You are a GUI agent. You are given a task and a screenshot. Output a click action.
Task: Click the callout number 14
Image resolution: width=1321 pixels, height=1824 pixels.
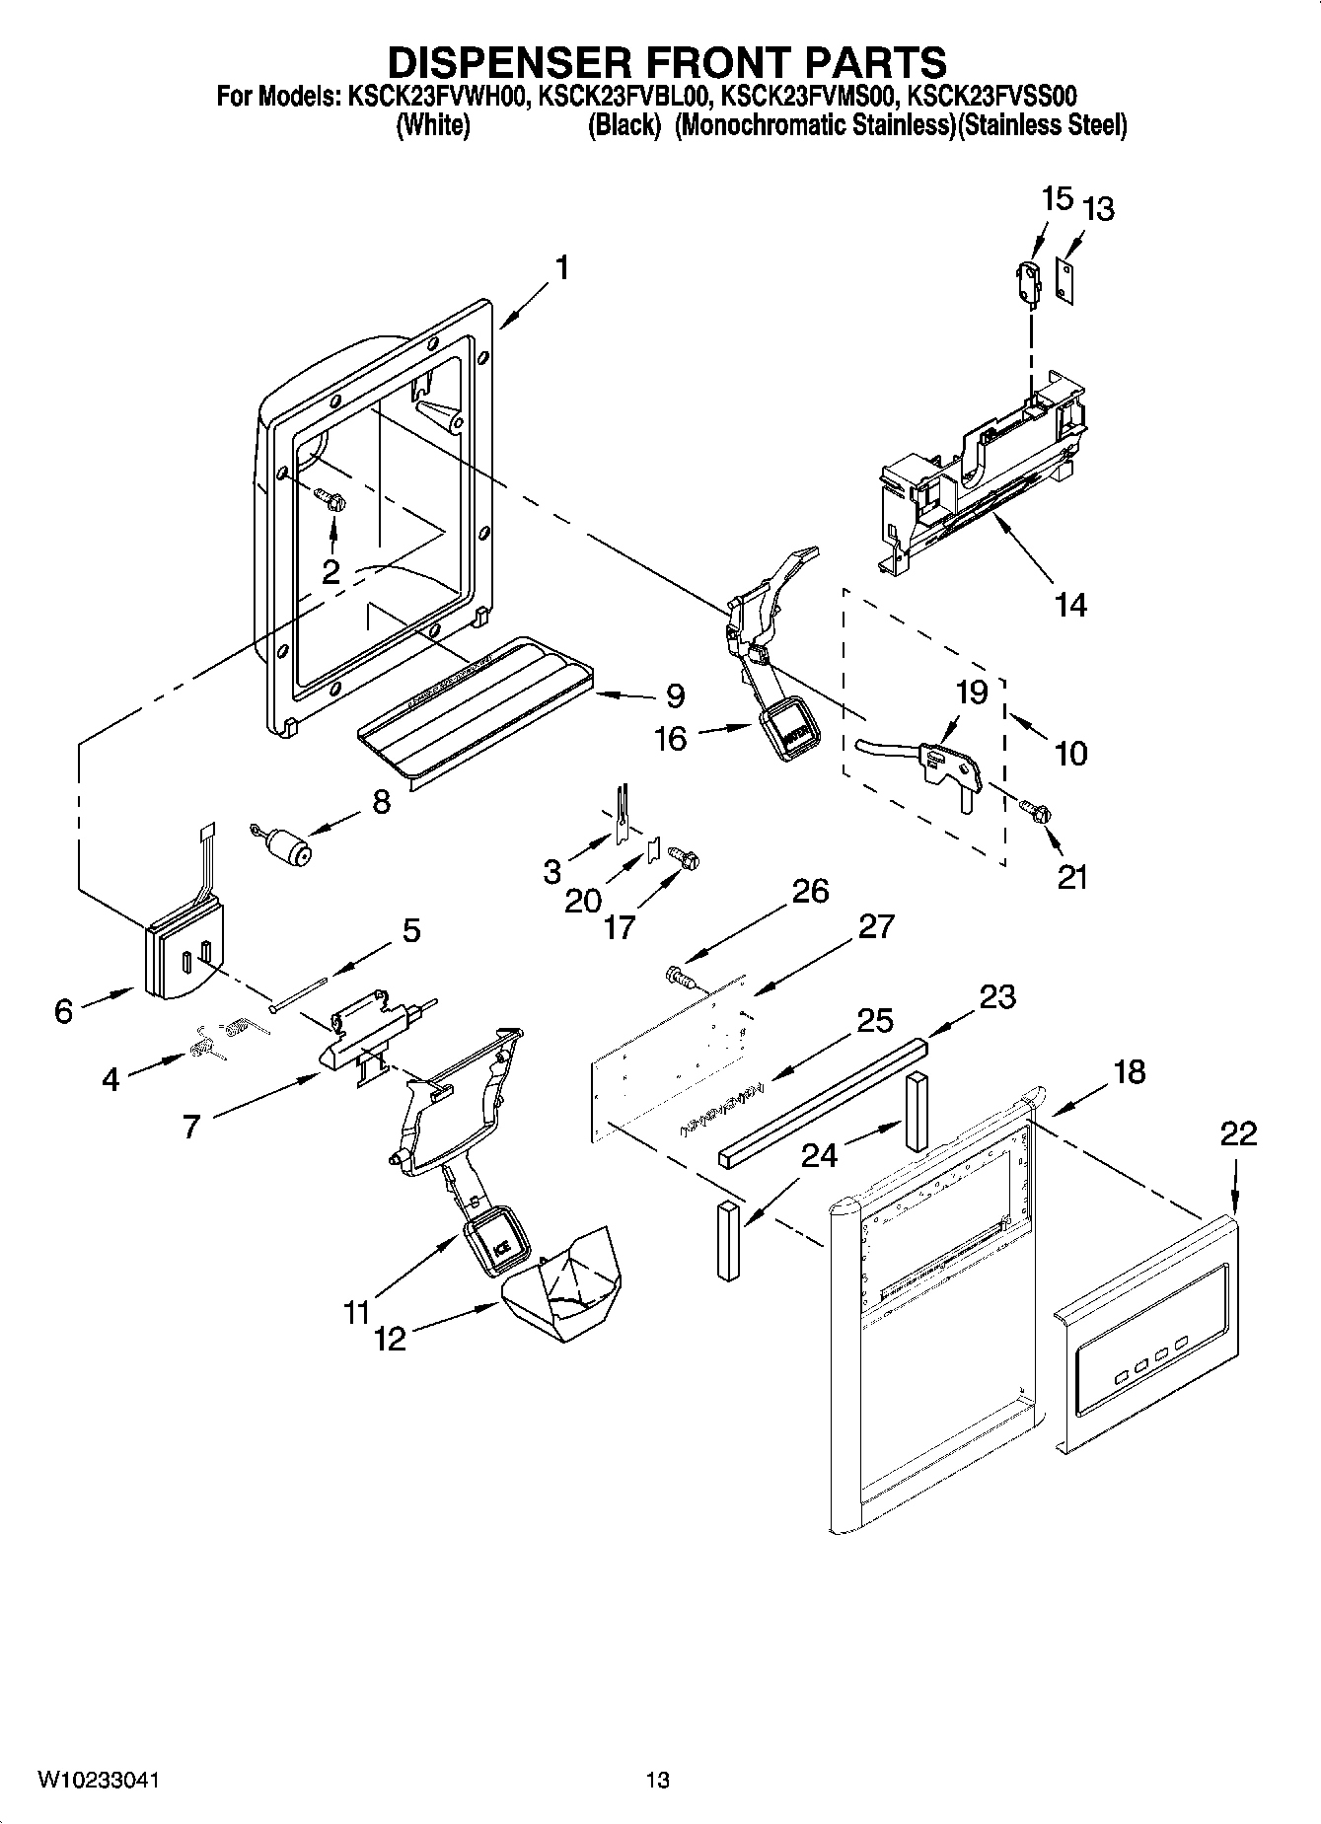click(1070, 604)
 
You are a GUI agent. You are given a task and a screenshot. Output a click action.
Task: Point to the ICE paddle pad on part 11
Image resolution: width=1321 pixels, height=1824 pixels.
click(495, 1245)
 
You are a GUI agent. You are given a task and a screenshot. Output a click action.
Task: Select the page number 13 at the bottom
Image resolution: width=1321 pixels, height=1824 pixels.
click(657, 1781)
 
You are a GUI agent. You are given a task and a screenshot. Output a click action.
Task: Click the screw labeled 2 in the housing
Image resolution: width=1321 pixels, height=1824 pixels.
click(330, 500)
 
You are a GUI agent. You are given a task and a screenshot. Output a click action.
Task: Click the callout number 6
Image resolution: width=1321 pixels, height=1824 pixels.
click(63, 1011)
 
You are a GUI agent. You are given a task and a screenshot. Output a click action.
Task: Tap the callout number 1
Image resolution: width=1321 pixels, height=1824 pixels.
click(560, 267)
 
